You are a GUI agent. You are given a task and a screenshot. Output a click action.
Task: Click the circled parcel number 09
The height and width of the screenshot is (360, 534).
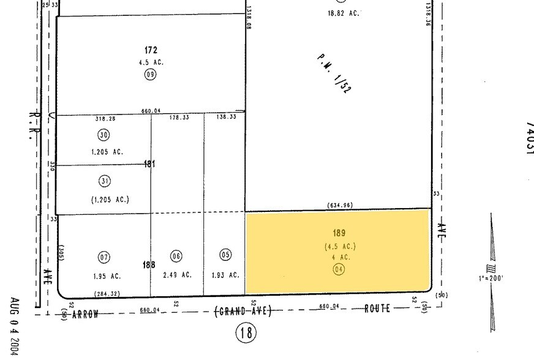click(150, 75)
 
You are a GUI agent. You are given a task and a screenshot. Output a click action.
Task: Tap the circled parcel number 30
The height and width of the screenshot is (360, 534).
click(103, 135)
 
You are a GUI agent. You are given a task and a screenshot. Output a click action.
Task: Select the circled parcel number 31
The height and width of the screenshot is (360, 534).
click(104, 181)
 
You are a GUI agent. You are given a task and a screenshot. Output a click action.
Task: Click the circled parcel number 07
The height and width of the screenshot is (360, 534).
click(103, 256)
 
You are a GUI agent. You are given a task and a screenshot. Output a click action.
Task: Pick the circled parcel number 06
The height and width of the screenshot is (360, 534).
click(176, 256)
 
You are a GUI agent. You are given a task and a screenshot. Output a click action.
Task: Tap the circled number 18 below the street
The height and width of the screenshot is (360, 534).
click(247, 333)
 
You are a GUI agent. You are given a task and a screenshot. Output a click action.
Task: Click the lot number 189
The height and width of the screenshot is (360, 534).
click(339, 233)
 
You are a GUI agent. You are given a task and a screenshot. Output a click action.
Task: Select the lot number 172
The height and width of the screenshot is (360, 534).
click(151, 50)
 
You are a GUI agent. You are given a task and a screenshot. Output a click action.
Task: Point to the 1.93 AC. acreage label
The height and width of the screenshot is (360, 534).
click(225, 276)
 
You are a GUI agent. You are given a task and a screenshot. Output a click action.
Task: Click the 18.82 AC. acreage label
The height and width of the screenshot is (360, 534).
click(344, 13)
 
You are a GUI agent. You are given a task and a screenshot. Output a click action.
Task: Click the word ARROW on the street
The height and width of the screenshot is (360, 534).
click(85, 314)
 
